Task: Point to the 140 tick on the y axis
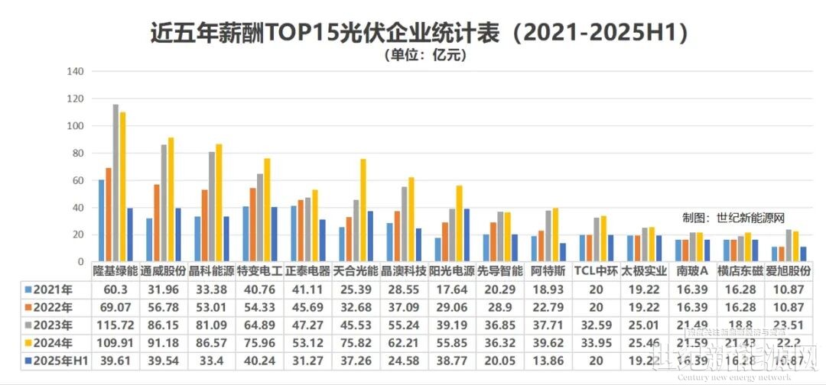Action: (x=75, y=72)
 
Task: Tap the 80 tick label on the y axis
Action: (x=77, y=154)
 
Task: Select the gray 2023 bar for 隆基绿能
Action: (x=116, y=183)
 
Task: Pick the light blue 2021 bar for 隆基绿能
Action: (x=102, y=221)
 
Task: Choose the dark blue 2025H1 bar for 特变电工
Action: (x=275, y=234)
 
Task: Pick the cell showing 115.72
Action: (x=115, y=325)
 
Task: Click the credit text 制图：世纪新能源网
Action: (x=733, y=218)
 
